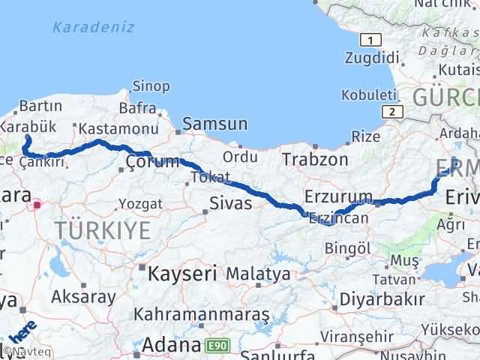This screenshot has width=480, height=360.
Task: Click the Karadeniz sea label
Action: (94, 28)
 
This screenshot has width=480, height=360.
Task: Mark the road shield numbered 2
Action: (391, 111)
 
